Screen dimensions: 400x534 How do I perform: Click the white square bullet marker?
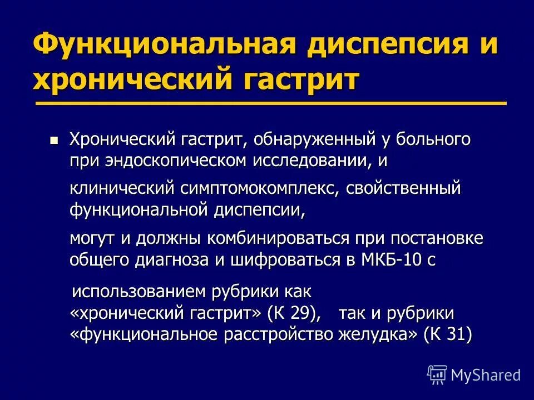coord(53,140)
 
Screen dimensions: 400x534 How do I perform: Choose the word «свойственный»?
coord(404,189)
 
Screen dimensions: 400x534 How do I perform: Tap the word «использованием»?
coord(139,291)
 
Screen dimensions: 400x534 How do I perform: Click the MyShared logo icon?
coord(437,374)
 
